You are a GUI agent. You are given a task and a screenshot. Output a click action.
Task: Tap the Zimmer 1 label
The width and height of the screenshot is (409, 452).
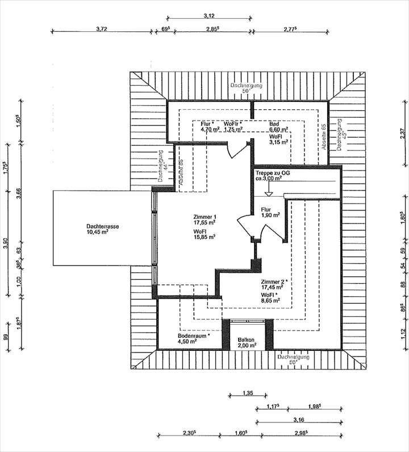click(204, 217)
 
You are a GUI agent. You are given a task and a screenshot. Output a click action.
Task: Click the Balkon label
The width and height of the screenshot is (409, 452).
click(247, 339)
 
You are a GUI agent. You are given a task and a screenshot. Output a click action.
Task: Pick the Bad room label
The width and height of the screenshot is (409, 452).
click(274, 123)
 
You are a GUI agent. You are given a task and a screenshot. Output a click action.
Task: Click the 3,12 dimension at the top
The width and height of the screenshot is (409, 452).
click(210, 16)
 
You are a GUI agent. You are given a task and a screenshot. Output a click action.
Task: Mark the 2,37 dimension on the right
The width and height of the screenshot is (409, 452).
click(402, 134)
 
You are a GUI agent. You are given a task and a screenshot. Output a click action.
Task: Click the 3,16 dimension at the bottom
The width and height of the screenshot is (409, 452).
click(299, 420)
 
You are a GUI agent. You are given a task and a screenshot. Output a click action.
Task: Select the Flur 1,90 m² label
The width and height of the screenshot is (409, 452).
click(270, 212)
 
